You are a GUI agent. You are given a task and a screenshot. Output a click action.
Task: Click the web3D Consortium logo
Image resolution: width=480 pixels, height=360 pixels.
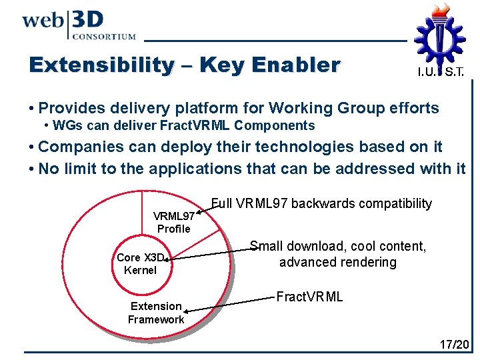coord(79,25)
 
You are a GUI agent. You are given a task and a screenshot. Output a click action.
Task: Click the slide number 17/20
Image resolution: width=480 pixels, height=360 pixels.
coord(454,345)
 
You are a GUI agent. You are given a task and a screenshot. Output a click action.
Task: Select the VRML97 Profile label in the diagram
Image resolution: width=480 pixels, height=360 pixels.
coord(173,223)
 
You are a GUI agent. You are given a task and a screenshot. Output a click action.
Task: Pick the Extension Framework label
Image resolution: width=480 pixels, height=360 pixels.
coord(156,313)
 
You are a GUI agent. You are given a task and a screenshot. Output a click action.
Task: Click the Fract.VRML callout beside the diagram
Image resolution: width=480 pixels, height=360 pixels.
coord(309,296)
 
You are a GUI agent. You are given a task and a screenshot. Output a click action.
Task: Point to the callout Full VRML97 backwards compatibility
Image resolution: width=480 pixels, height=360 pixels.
coord(321,203)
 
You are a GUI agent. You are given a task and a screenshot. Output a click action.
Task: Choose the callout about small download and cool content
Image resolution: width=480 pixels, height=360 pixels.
coord(338,254)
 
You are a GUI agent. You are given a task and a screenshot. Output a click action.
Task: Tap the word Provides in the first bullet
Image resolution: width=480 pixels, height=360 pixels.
coord(69,108)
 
